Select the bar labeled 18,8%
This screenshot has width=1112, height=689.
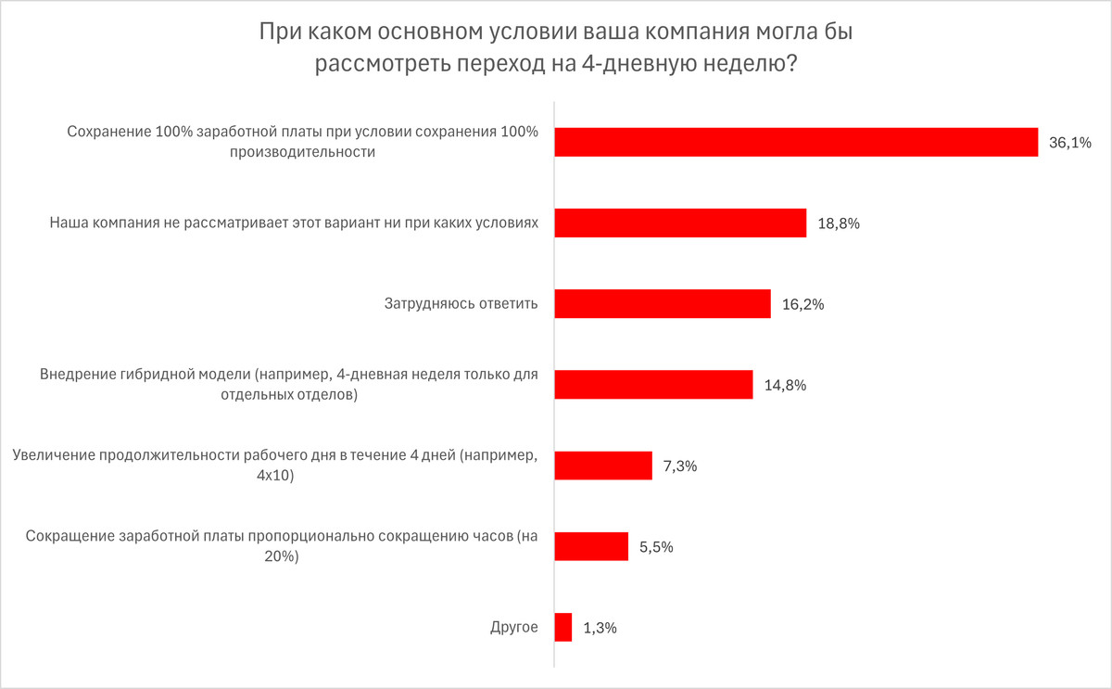[680, 223]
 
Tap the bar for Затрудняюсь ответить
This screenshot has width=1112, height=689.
[663, 304]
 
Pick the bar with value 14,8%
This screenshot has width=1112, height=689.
[653, 385]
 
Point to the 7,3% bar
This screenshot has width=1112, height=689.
[603, 466]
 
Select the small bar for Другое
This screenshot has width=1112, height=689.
[563, 628]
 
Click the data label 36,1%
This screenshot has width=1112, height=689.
[1070, 143]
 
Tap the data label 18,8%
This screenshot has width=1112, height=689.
[840, 223]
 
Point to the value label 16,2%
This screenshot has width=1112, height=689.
[803, 304]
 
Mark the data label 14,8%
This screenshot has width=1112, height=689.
[786, 385]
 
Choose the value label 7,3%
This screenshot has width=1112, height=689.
[680, 466]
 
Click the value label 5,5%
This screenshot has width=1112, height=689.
[656, 547]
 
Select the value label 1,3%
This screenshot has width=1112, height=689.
[600, 628]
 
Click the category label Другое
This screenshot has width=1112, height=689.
[514, 628]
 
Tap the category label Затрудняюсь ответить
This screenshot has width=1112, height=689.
[461, 304]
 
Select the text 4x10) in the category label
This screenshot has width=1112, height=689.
[275, 475]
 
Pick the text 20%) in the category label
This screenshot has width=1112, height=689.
[276, 555]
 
